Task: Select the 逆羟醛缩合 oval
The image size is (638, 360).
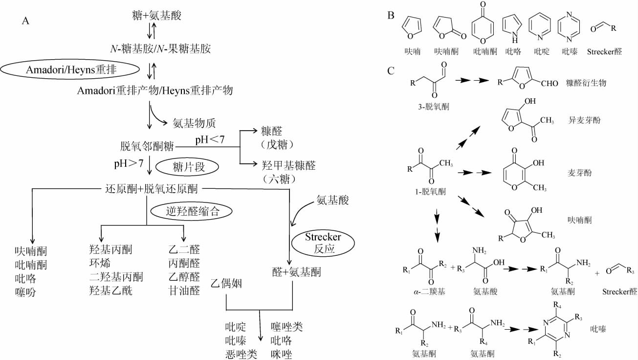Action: click(x=191, y=211)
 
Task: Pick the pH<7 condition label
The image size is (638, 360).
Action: click(x=210, y=140)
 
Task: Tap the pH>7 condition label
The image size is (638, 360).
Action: click(x=129, y=163)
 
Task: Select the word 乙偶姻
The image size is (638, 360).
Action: click(x=227, y=283)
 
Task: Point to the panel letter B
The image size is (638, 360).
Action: click(x=391, y=15)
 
